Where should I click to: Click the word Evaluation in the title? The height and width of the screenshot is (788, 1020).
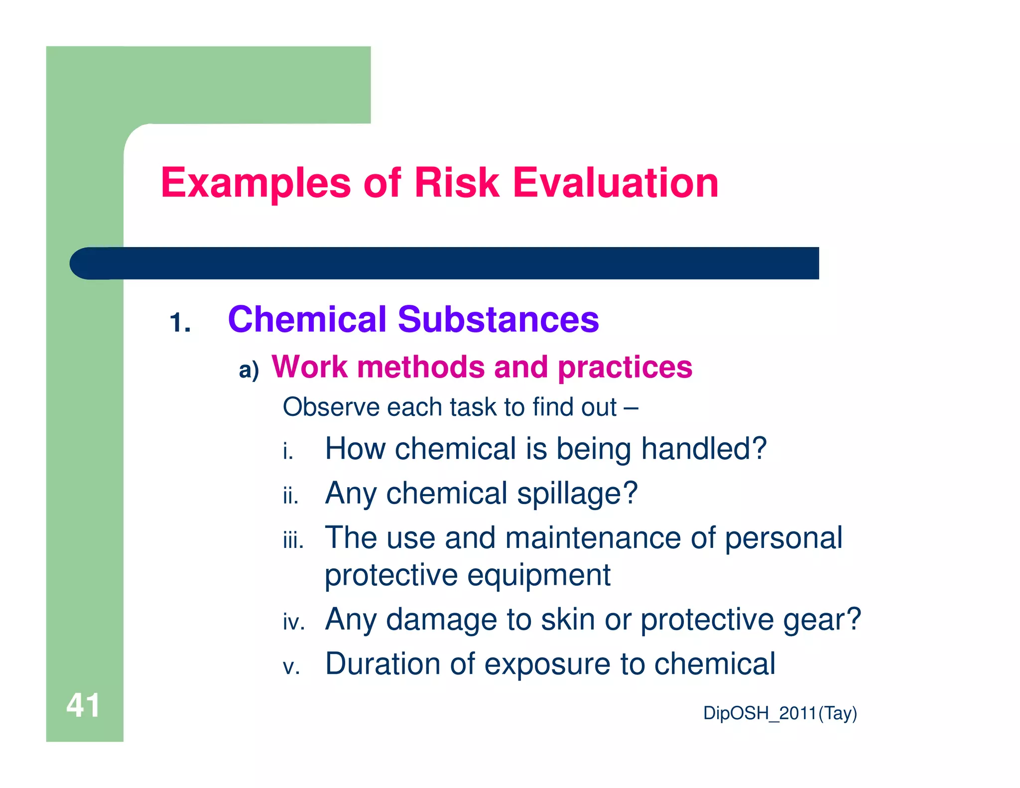616,183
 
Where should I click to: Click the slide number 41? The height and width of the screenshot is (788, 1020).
83,705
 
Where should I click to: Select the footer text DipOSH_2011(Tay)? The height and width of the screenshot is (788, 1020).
780,713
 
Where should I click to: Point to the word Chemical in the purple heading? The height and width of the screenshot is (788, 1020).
307,319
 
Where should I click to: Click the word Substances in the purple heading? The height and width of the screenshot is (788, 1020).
499,319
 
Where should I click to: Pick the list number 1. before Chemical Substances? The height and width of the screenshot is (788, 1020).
180,323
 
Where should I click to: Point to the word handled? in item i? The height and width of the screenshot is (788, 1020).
704,448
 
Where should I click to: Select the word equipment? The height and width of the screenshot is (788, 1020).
539,575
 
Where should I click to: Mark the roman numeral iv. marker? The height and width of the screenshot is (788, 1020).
294,623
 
